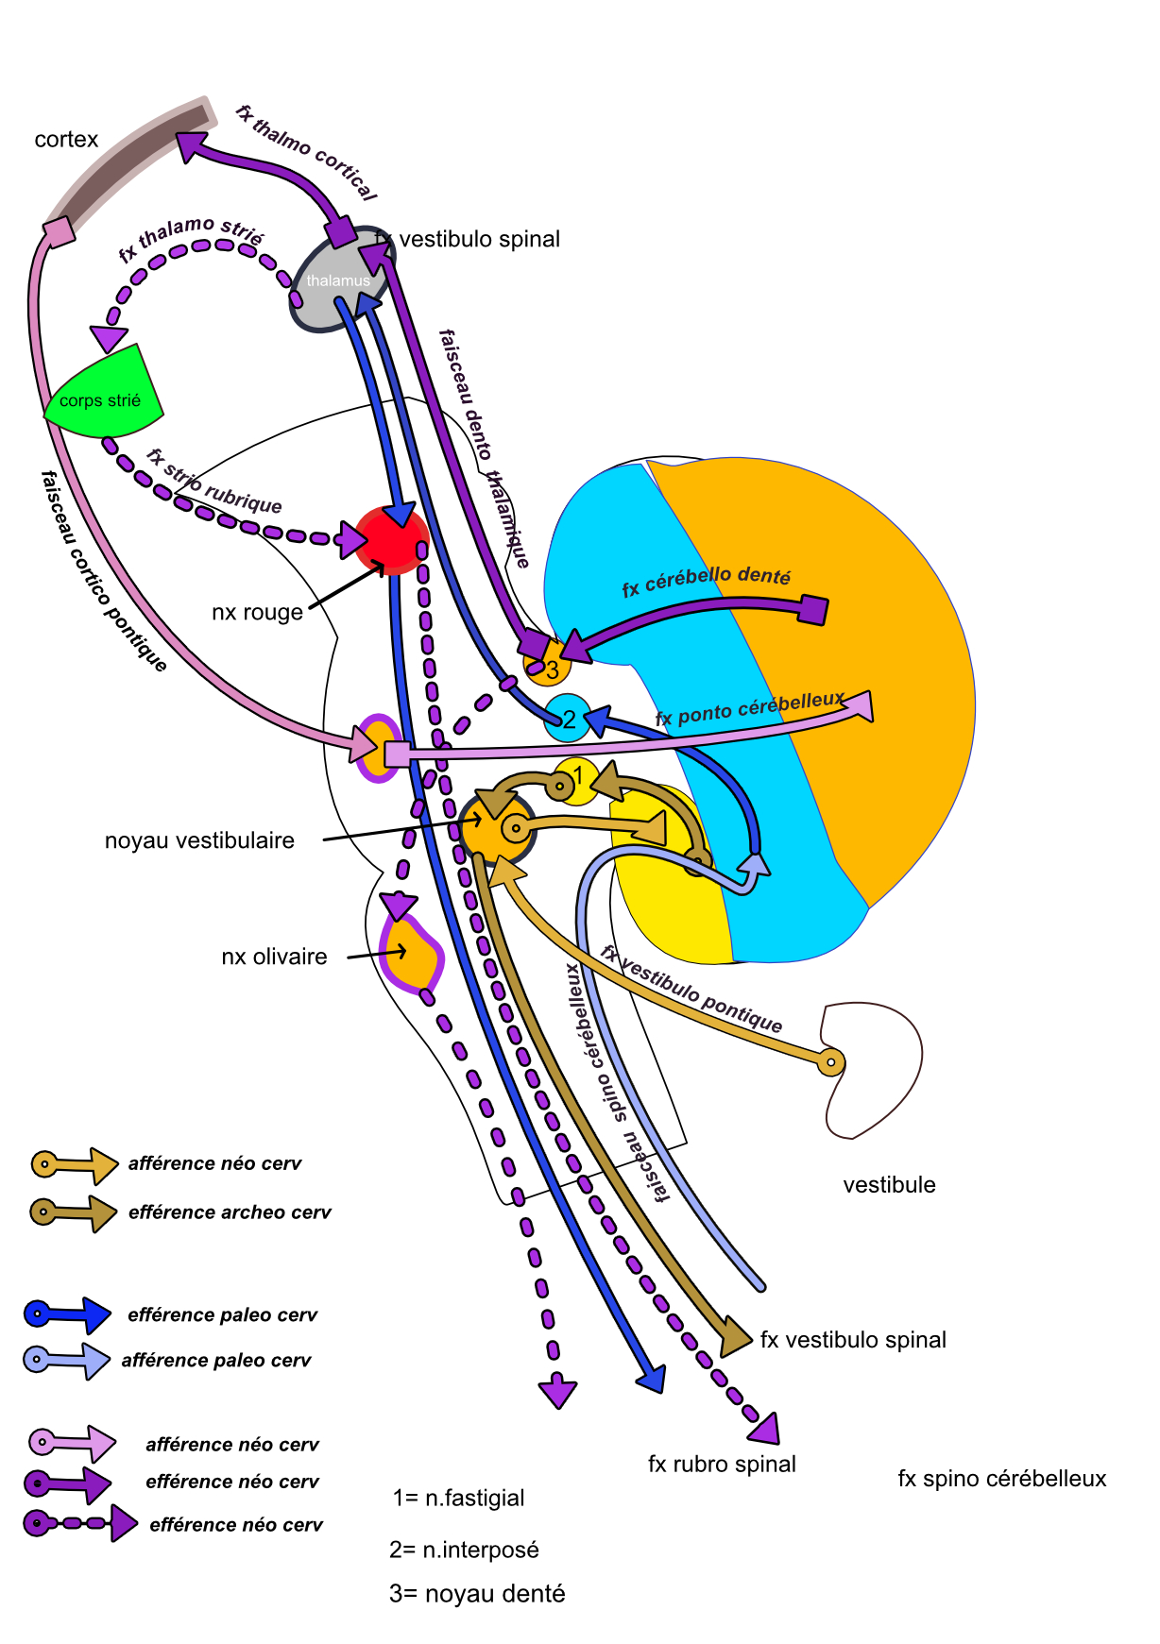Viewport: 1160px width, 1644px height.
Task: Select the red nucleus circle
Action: [x=390, y=541]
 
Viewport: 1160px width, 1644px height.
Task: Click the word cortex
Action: [x=66, y=140]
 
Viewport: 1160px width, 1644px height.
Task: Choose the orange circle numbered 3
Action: [x=550, y=667]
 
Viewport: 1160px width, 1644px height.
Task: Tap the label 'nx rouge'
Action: [x=257, y=613]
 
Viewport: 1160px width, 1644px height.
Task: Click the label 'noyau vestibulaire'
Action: [x=199, y=840]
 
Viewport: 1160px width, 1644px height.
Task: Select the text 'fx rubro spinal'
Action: [x=722, y=1465]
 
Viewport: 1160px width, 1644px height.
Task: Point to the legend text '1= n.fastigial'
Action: [x=458, y=1499]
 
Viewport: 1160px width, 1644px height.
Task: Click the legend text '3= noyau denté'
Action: [x=477, y=1595]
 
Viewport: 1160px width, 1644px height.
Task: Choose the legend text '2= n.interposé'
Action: [x=464, y=1551]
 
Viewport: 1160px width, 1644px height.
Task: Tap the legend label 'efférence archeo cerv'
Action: [x=230, y=1212]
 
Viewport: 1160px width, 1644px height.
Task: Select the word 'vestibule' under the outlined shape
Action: [x=889, y=1185]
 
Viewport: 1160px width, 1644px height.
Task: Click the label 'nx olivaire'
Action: [x=274, y=958]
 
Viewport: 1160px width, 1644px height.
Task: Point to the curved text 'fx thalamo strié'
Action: [x=191, y=237]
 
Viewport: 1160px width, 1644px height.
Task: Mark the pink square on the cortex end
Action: [x=60, y=231]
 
